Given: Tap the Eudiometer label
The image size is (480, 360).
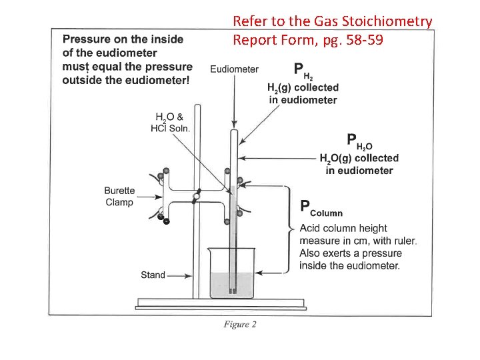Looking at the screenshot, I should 234,69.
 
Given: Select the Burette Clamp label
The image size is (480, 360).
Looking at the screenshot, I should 119,197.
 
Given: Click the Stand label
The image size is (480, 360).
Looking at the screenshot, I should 153,275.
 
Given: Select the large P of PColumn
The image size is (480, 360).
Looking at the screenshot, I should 305,208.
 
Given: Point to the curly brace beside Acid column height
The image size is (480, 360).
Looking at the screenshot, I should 292,229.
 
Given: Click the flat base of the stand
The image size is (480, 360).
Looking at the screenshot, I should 214,304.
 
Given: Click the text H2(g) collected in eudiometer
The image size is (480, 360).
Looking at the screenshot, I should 303,94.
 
